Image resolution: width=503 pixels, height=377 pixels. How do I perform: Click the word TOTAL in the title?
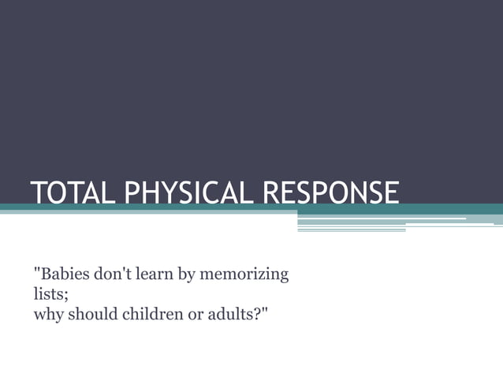point(65,192)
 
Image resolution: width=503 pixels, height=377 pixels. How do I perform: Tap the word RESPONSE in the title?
point(330,192)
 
